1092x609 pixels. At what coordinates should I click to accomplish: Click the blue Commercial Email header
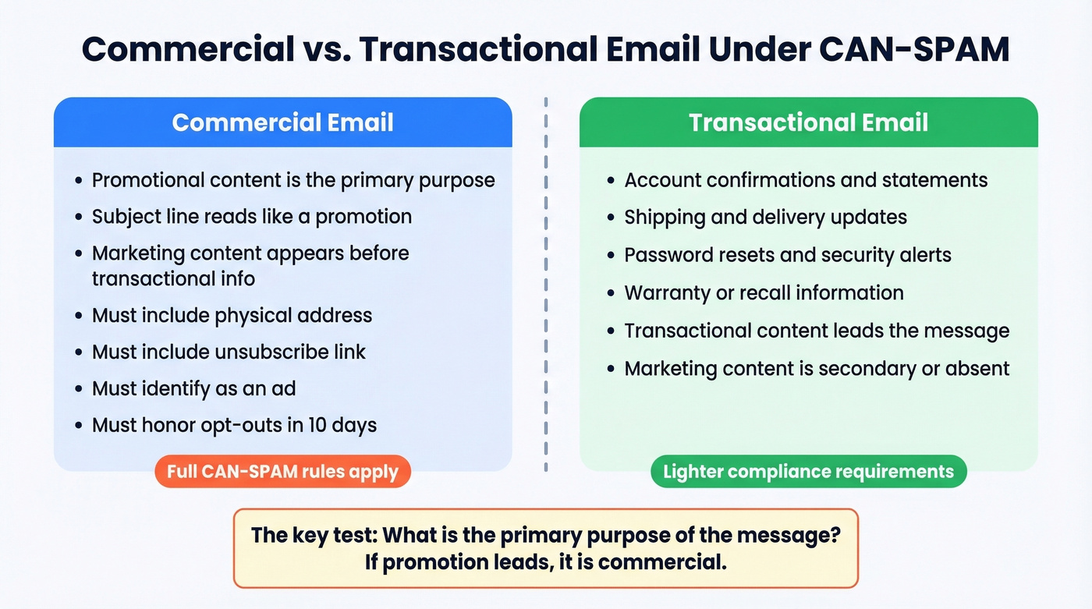click(282, 122)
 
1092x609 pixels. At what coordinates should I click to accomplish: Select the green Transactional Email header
click(808, 122)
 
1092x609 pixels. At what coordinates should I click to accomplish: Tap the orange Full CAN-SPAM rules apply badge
click(282, 472)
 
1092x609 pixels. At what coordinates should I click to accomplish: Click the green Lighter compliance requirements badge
click(808, 472)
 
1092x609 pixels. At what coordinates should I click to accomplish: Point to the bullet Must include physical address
click(232, 315)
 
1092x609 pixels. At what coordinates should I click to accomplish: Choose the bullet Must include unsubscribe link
click(229, 352)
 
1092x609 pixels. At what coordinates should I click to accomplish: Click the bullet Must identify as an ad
click(193, 388)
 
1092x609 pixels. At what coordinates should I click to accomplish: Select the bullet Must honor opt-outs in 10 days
click(234, 425)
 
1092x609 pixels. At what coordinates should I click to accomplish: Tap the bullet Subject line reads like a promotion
click(251, 216)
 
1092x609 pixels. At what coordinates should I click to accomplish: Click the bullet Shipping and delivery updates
click(765, 217)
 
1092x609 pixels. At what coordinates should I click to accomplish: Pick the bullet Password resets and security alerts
click(788, 255)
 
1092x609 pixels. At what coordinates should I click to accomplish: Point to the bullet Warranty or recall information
click(764, 292)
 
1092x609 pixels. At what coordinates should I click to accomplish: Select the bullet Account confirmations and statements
click(806, 179)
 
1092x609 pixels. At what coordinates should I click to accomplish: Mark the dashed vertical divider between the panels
click(545, 285)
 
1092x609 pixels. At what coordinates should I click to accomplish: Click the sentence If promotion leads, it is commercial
click(545, 561)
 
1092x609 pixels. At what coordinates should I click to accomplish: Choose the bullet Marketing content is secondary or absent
click(817, 368)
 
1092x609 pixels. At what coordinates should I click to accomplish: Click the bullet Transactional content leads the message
click(817, 331)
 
